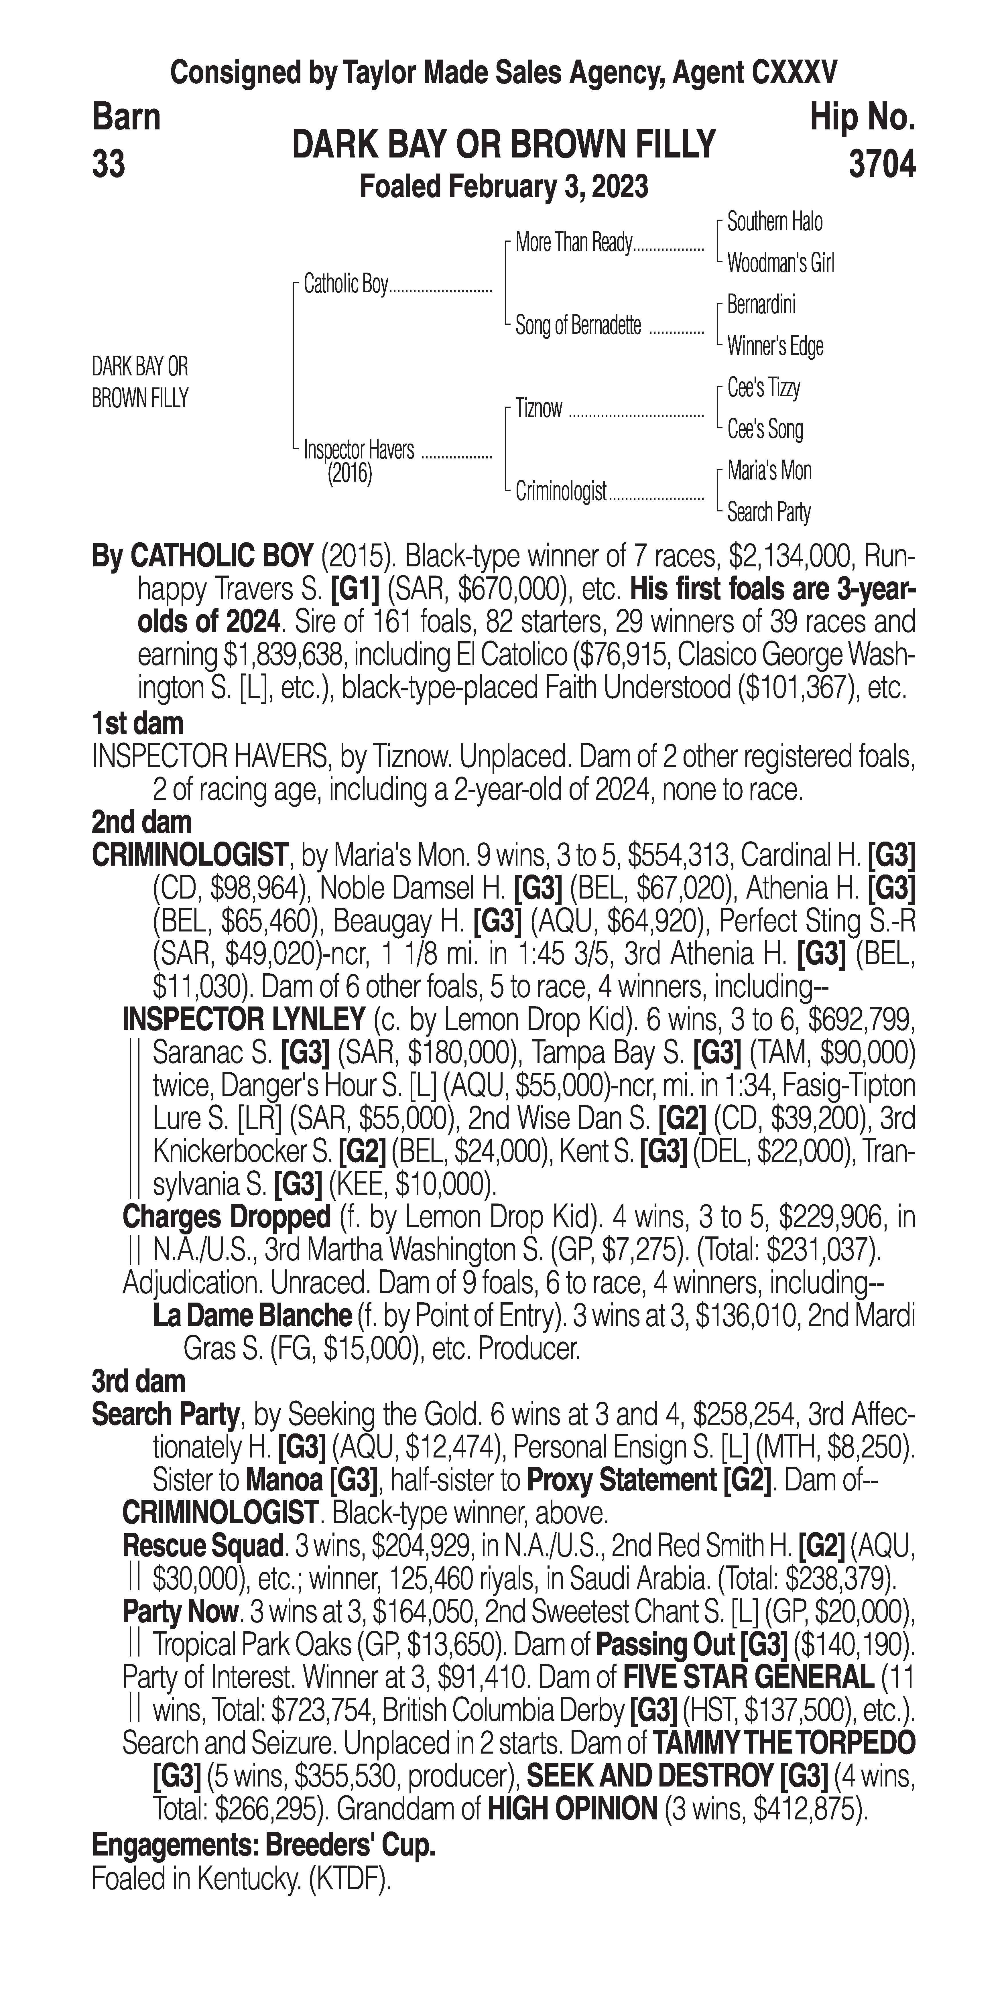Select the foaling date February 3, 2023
tap(503, 187)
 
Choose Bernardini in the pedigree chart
tap(760, 305)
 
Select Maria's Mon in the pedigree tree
tap(769, 470)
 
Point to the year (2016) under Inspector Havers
tap(349, 474)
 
